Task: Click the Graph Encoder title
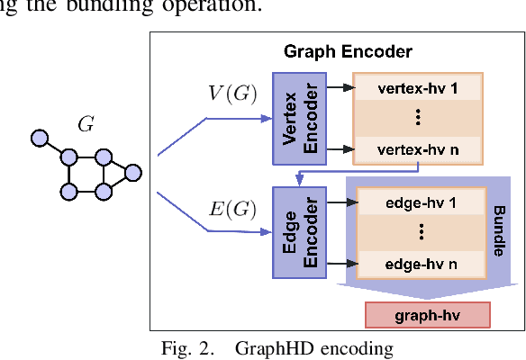[x=334, y=52]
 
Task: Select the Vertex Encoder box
[x=294, y=117]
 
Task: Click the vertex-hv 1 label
[x=419, y=90]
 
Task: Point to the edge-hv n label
[x=421, y=264]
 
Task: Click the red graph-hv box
[x=427, y=314]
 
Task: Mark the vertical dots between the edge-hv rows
[x=421, y=233]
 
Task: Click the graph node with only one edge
[x=39, y=139]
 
